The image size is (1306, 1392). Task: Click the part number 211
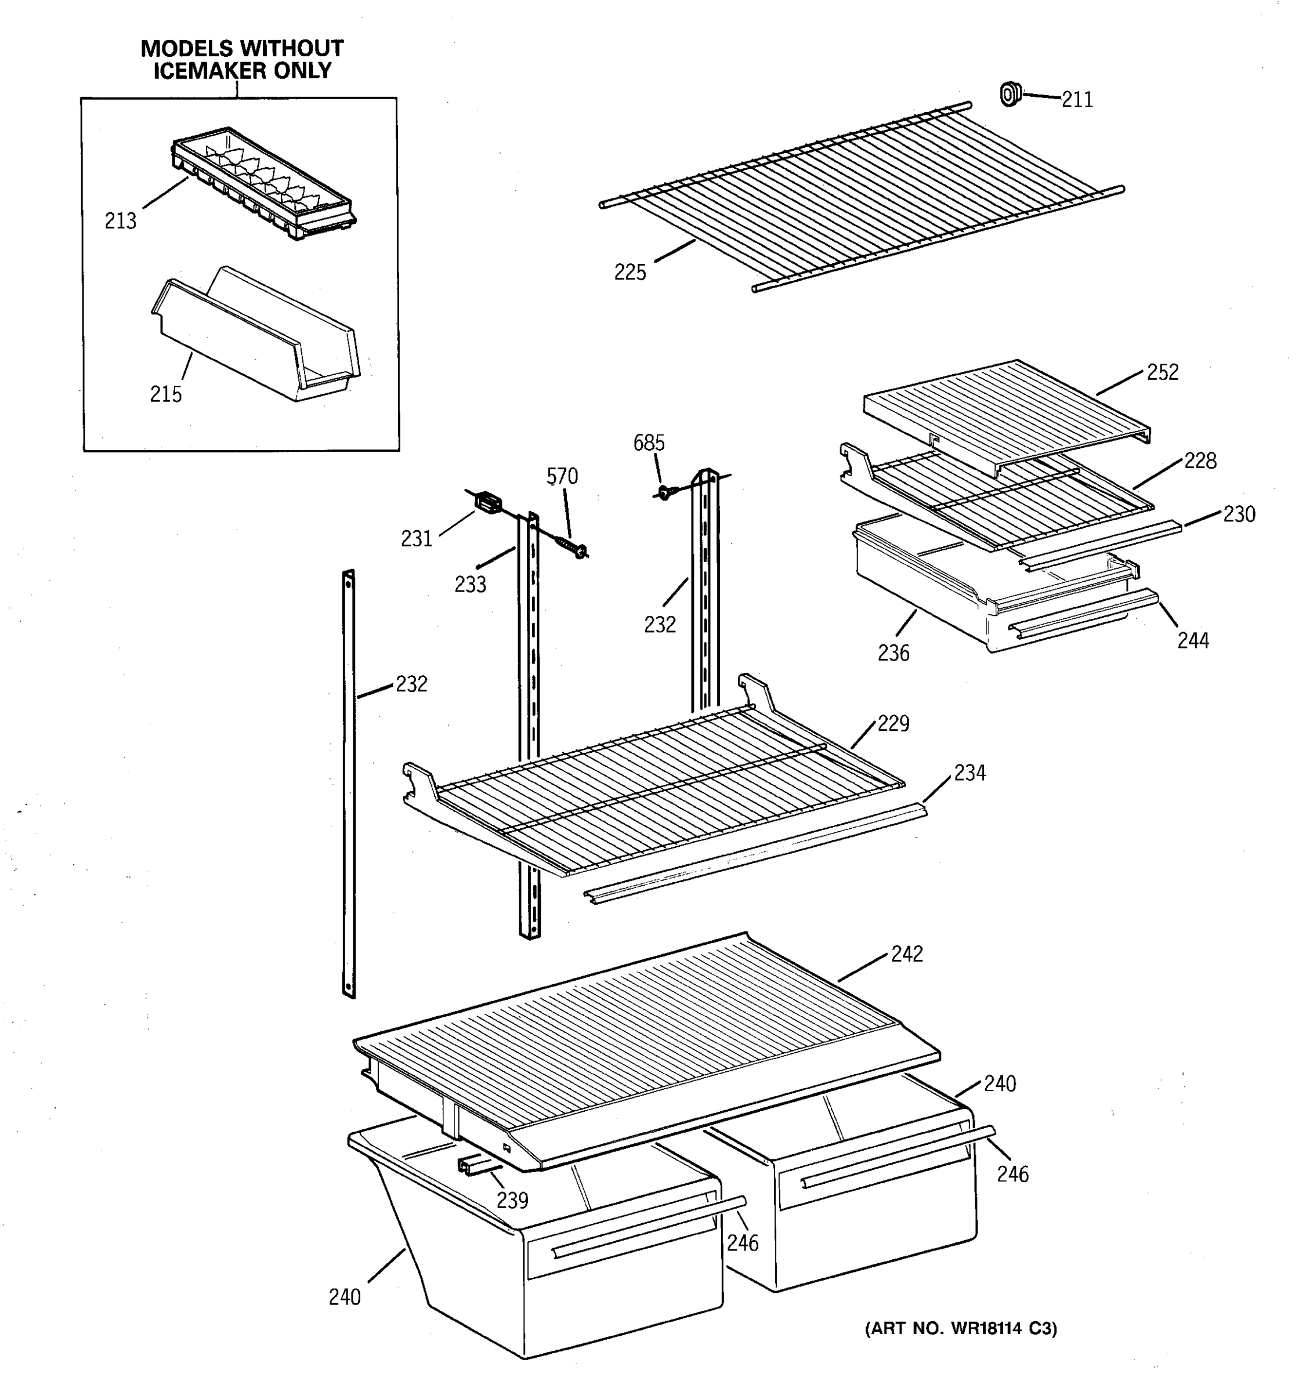point(1076,100)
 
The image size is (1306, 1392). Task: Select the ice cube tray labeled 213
point(265,183)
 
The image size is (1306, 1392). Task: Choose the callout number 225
point(630,273)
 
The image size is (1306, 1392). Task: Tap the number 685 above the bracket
point(649,443)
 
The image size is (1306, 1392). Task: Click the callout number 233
point(470,585)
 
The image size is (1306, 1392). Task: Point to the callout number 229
point(893,723)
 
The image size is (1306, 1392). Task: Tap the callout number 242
point(906,954)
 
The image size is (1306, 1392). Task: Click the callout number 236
point(893,653)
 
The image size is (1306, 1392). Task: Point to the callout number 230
point(1238,514)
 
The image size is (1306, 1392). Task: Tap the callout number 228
point(1200,461)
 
